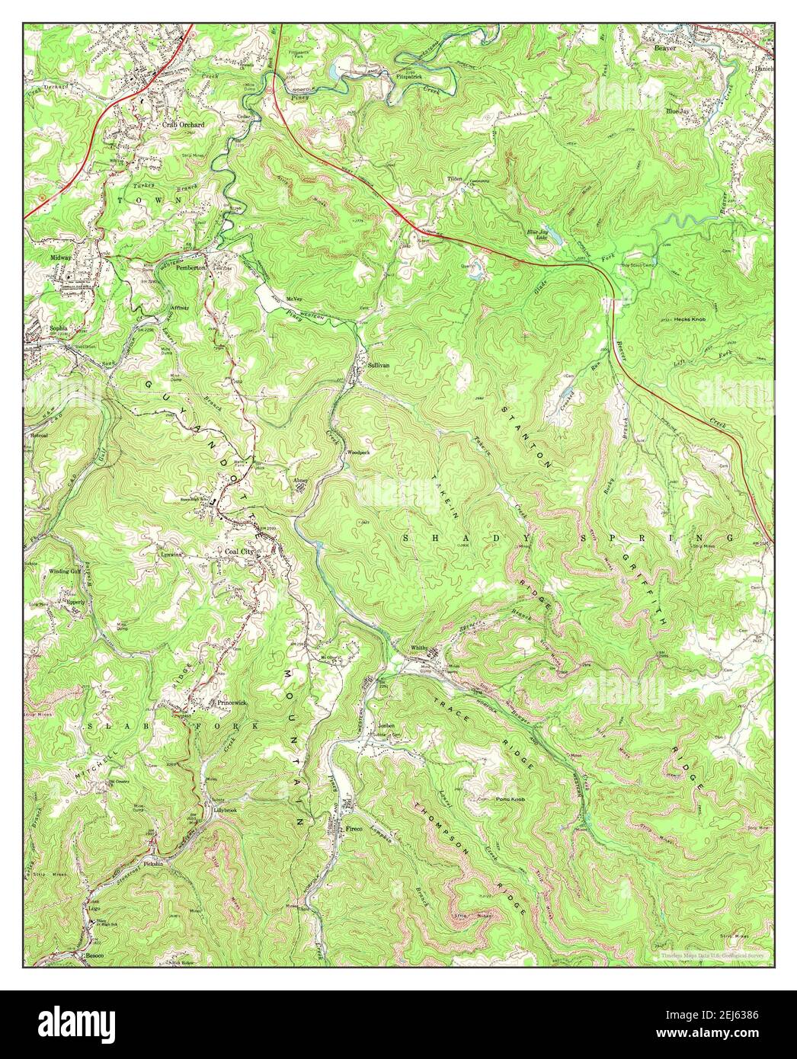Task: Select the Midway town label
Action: click(x=61, y=258)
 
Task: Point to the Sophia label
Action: click(x=59, y=328)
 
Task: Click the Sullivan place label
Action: click(x=378, y=365)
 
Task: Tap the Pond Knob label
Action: click(x=491, y=799)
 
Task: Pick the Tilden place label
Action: click(x=455, y=178)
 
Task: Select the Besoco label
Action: click(x=94, y=954)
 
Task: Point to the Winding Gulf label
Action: click(x=65, y=571)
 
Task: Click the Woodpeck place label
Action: click(x=358, y=452)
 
